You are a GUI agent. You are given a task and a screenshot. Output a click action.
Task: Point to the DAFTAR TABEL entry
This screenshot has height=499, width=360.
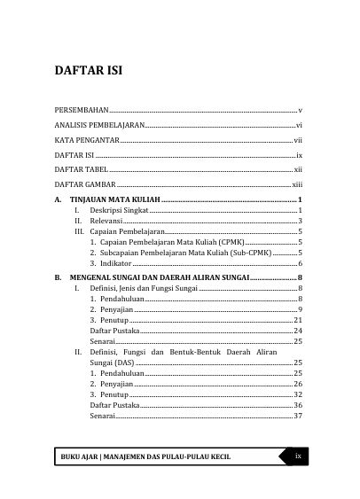(x=81, y=168)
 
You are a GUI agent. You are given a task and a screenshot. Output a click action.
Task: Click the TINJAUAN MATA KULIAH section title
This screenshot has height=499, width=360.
(x=114, y=200)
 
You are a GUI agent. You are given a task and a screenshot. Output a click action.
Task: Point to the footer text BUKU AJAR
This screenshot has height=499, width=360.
(x=79, y=457)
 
